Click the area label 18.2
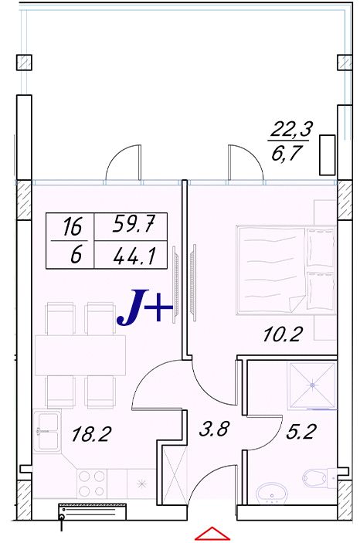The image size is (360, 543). click(x=91, y=434)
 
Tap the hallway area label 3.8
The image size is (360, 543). click(x=214, y=429)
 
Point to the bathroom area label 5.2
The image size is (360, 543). click(x=301, y=432)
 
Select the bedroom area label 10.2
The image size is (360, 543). click(x=283, y=334)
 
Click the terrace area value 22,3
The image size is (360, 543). click(x=291, y=130)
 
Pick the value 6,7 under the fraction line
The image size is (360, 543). click(x=285, y=154)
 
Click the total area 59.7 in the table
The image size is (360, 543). click(x=133, y=225)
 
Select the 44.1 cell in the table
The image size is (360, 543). click(x=134, y=256)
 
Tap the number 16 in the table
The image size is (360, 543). click(x=73, y=227)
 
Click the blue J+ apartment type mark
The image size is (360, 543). click(x=144, y=307)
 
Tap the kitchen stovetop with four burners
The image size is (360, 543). click(x=91, y=484)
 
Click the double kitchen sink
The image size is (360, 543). click(x=47, y=431)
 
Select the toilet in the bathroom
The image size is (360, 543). click(x=319, y=478)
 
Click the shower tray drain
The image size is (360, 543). click(x=312, y=385)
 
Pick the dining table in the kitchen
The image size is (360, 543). click(x=80, y=355)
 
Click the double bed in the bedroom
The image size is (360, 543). click(x=286, y=270)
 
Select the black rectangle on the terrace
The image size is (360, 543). click(x=327, y=154)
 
